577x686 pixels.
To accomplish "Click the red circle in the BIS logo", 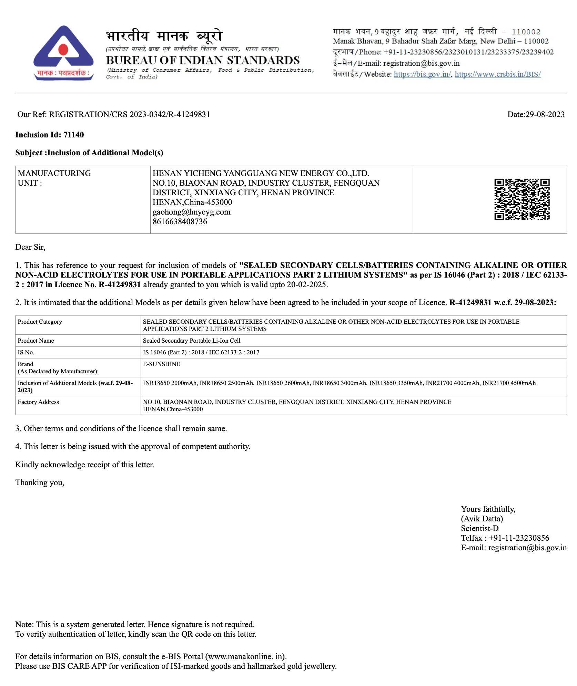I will [x=63, y=50].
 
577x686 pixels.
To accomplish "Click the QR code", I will [x=522, y=199].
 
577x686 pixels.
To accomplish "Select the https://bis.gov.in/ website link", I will [x=422, y=74].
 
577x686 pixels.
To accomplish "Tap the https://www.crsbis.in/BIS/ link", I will [x=497, y=74].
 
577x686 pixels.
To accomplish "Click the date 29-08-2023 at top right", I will [x=545, y=115].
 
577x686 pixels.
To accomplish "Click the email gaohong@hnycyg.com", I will [x=191, y=212].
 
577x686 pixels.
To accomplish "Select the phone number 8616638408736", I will [x=180, y=222].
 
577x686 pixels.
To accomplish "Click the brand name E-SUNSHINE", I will [x=161, y=364].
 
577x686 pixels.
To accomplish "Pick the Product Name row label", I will [x=36, y=341].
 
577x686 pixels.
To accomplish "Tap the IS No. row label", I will [x=26, y=353].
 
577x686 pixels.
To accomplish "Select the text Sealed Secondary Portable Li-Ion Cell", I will [x=191, y=341].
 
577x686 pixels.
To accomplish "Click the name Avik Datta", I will [x=482, y=519].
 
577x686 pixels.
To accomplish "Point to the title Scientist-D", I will [x=479, y=529].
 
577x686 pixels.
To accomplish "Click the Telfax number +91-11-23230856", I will [x=518, y=538].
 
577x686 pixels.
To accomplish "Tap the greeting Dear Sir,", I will [x=30, y=247].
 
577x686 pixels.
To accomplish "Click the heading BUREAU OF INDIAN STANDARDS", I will [x=203, y=61].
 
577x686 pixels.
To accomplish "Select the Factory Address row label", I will [x=38, y=402].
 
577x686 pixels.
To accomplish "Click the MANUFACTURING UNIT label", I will [x=54, y=178].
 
